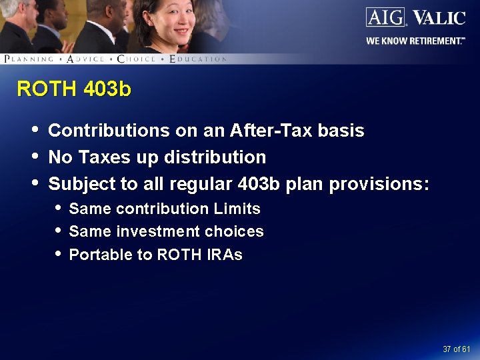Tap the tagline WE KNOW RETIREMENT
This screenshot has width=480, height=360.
pos(415,41)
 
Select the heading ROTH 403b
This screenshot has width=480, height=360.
pos(74,89)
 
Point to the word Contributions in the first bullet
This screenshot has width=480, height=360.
pos(109,131)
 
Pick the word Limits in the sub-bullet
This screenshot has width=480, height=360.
pos(237,209)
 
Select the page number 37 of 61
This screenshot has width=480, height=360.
pos(457,349)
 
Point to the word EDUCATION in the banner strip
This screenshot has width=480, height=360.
pos(199,59)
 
